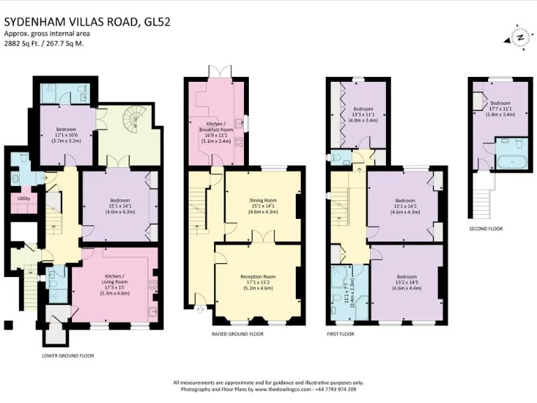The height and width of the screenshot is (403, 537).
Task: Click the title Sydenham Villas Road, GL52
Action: coord(87,22)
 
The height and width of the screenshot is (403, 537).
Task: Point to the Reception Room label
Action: coord(257,281)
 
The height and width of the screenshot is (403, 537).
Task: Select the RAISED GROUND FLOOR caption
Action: coord(238,334)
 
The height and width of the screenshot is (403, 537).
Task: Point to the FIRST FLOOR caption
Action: coord(341,334)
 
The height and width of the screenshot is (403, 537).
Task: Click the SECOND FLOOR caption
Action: coord(486,229)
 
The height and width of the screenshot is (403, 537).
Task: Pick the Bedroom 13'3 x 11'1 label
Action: coord(364,115)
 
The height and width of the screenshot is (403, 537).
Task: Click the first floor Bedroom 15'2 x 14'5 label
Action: coord(406,283)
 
